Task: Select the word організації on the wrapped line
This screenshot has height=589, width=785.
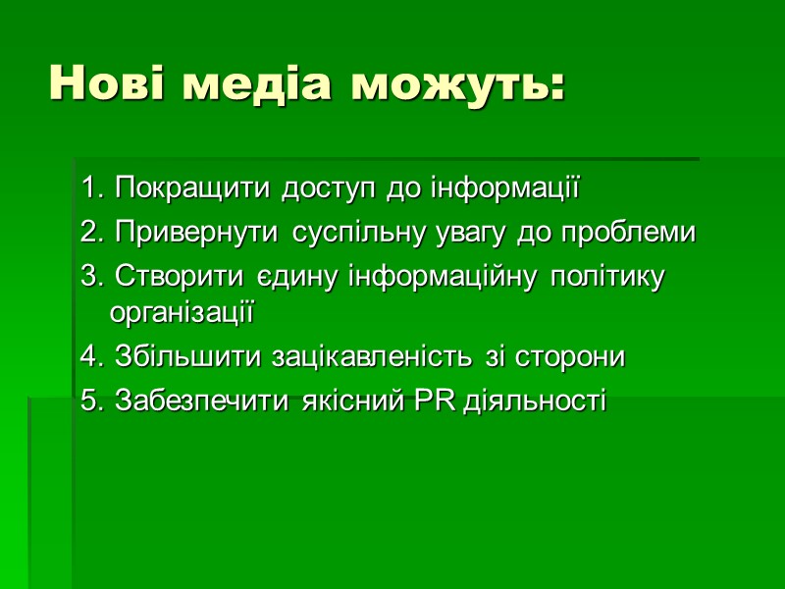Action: click(x=182, y=314)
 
